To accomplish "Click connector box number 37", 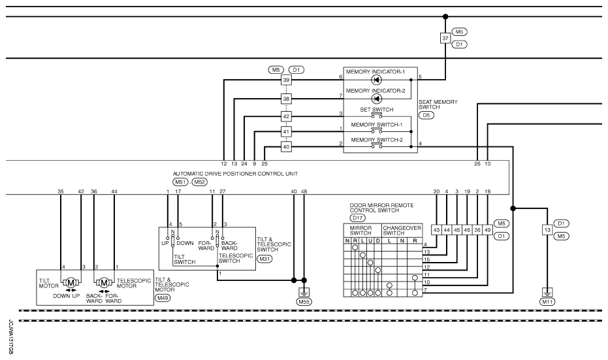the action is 445,39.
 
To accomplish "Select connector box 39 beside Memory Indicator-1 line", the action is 286,80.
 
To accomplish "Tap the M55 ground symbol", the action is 304,292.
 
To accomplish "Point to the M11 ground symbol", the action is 547,292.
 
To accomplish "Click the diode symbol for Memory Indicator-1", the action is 376,80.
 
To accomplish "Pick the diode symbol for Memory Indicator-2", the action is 376,99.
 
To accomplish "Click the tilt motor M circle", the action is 71,283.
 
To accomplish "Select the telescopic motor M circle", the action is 104,283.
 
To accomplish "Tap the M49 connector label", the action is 163,298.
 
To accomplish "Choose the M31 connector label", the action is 265,259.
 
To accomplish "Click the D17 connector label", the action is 357,218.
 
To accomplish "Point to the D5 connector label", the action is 426,115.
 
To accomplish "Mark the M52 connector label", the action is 200,182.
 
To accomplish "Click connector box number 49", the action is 487,230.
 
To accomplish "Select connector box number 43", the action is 436,230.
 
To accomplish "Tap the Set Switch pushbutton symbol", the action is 376,115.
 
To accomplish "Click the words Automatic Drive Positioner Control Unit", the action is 235,174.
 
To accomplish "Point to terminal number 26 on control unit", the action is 477,164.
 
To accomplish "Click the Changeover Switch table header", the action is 402,231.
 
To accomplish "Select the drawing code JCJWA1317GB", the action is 10,336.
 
